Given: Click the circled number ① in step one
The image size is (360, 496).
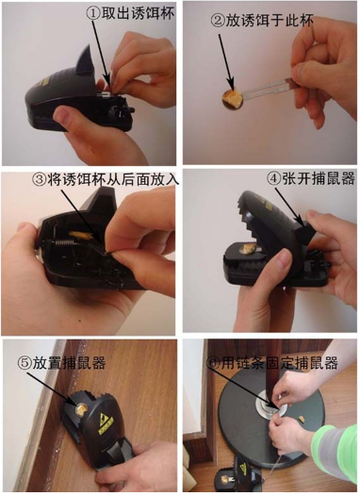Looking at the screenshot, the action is (x=93, y=14).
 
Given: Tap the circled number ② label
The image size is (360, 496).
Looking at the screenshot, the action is (x=218, y=21).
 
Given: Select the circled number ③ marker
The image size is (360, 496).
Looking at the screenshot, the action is (x=40, y=180).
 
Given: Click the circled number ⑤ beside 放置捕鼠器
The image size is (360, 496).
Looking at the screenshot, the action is (x=25, y=363).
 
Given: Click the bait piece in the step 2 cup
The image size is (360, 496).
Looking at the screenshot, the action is (x=233, y=97).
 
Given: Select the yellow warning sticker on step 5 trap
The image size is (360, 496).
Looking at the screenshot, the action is (x=106, y=422).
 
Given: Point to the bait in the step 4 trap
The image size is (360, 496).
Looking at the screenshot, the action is (x=248, y=248).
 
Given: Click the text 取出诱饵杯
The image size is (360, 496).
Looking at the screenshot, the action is (x=138, y=14).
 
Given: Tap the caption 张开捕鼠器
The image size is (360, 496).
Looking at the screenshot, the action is (x=318, y=179).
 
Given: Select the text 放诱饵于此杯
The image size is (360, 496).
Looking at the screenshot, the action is (x=269, y=21).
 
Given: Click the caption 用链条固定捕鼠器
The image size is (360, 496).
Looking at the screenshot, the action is (x=279, y=362).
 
